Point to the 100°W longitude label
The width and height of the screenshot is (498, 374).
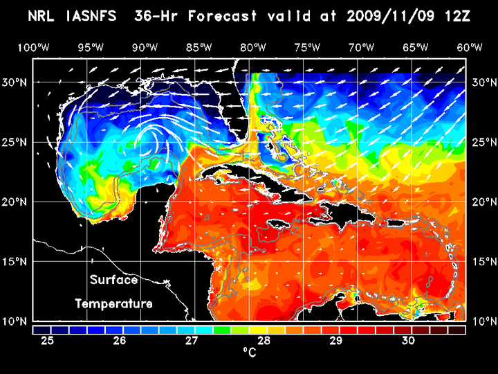[x=33, y=47]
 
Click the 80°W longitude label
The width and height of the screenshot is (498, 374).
[x=254, y=47]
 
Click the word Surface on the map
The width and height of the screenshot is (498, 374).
[x=114, y=280]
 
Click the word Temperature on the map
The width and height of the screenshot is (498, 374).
[x=114, y=304]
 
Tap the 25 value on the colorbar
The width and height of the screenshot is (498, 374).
[x=48, y=341]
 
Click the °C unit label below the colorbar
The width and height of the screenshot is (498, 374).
[x=250, y=353]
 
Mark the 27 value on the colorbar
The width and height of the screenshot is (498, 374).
[x=192, y=341]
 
